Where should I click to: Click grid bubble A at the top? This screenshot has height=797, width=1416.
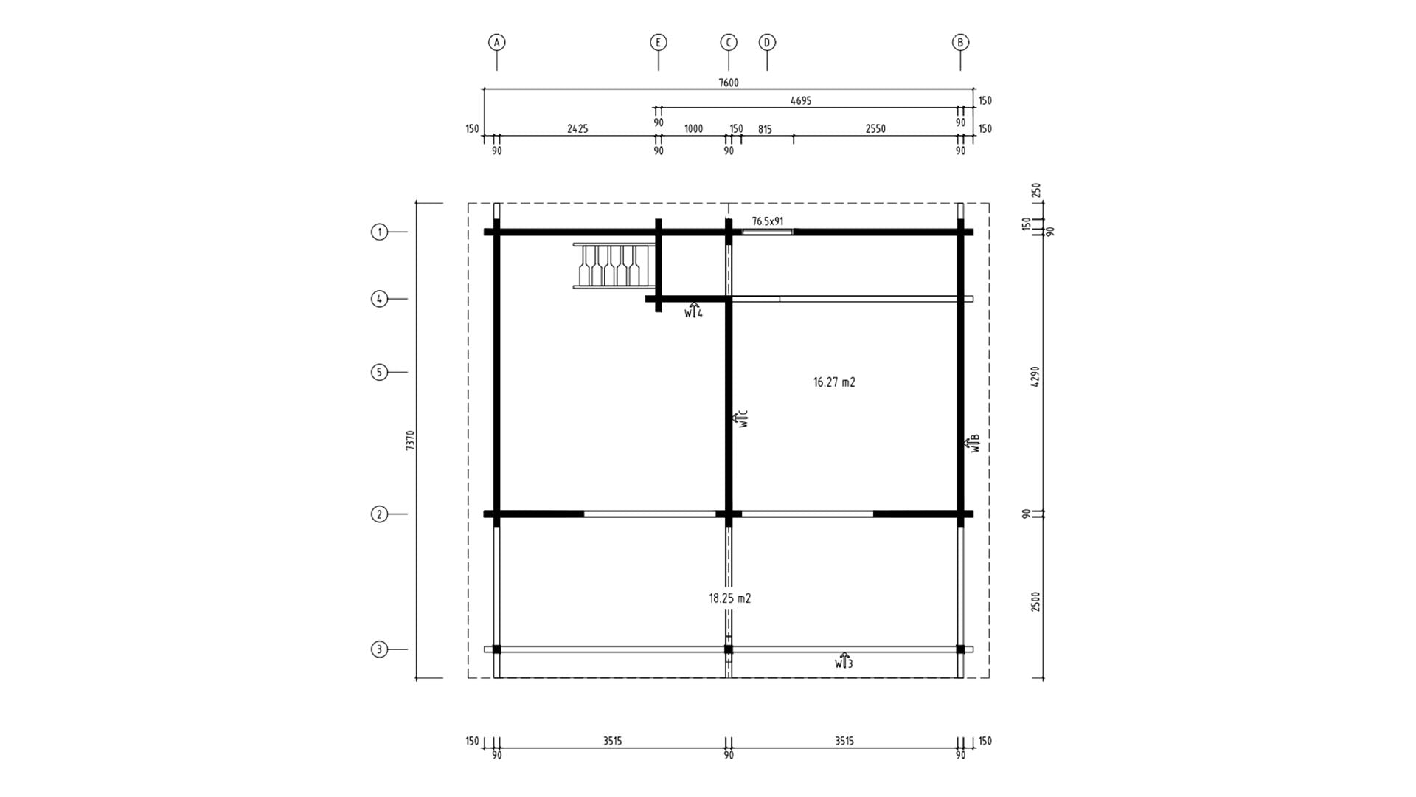point(496,42)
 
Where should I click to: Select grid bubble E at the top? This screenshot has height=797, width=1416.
point(658,42)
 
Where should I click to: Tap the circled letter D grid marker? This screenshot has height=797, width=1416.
point(767,42)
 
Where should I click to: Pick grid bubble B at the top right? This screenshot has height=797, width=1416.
point(960,42)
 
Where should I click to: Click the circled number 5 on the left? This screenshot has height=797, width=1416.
point(379,372)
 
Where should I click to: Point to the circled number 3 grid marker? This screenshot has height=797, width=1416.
point(379,649)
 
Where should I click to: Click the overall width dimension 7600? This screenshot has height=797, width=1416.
point(729,83)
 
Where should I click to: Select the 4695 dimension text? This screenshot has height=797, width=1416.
point(801,101)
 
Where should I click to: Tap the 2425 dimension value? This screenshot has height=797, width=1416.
point(577,129)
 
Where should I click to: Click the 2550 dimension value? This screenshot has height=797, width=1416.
point(875,129)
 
